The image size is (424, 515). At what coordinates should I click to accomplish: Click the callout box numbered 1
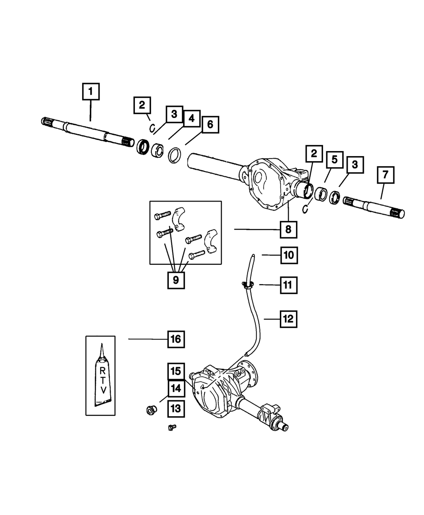[91, 92]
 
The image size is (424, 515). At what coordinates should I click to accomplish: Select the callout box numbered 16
[176, 339]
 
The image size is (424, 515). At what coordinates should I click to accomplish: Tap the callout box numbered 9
[176, 280]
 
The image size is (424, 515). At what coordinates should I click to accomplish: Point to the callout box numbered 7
[385, 175]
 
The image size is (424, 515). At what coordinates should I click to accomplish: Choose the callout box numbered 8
[288, 230]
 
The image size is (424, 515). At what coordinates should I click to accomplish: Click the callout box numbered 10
[288, 255]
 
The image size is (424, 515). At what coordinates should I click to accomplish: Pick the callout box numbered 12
[288, 319]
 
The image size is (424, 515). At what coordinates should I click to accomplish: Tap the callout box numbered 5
[334, 160]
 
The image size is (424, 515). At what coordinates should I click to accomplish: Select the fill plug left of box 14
[151, 410]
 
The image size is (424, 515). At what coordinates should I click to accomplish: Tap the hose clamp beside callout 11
[247, 285]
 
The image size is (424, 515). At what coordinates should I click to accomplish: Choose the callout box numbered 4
[191, 118]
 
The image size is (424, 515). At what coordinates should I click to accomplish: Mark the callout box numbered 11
[288, 285]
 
